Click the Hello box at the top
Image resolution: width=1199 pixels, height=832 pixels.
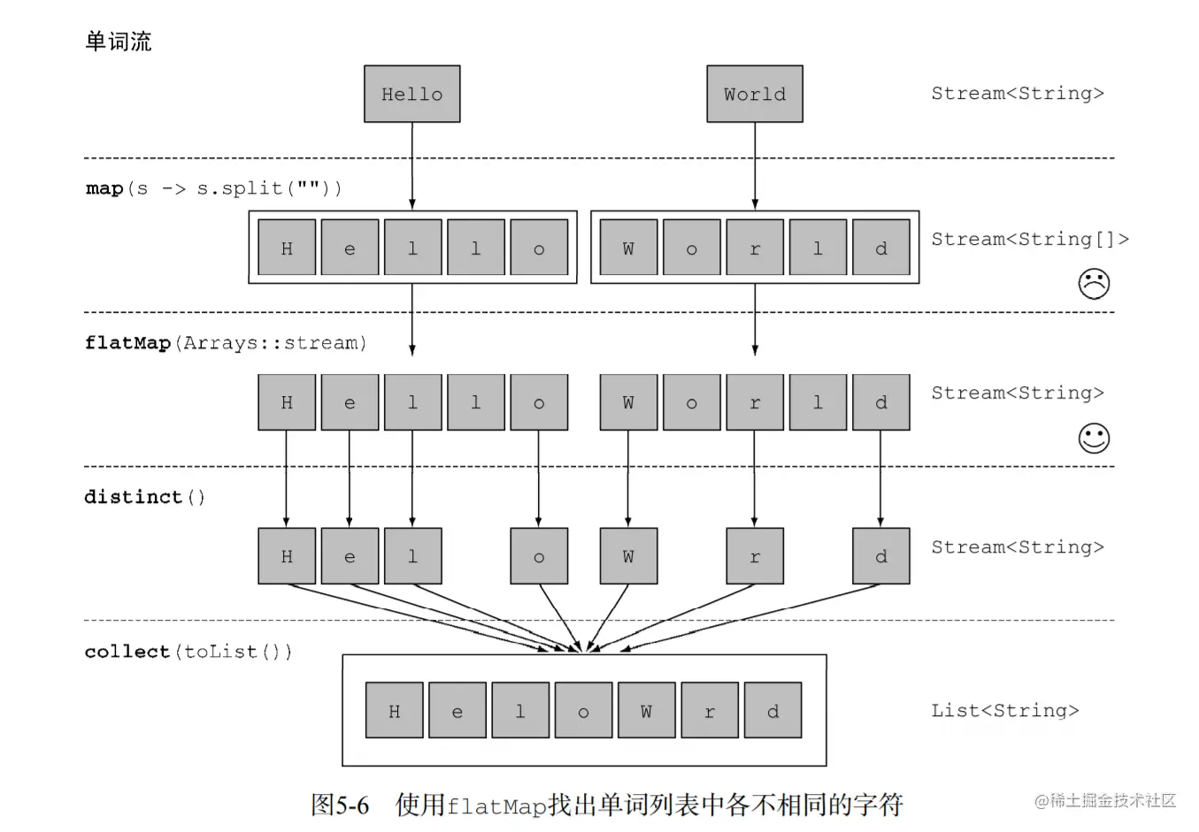(411, 94)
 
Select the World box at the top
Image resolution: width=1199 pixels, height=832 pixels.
(754, 94)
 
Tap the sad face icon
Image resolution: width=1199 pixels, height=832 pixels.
(1094, 284)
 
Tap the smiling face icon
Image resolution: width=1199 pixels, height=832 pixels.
(1094, 438)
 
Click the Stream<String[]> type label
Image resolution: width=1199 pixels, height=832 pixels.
(1029, 240)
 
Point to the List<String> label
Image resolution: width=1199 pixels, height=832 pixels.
(1004, 711)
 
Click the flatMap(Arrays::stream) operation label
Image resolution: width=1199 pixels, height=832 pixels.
(225, 343)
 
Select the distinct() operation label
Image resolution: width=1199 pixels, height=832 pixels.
(144, 497)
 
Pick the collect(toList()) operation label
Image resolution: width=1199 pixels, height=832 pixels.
(188, 652)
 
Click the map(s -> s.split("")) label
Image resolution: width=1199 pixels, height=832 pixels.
(213, 188)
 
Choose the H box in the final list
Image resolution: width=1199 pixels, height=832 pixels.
(394, 710)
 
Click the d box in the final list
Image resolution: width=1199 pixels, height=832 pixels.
(772, 710)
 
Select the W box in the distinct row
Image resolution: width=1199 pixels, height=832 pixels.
(628, 556)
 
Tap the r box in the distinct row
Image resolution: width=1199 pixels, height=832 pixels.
(754, 556)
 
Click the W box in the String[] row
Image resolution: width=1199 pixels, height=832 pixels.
(628, 248)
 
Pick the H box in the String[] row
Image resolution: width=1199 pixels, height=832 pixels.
(287, 248)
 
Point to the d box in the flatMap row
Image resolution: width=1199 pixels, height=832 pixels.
(880, 402)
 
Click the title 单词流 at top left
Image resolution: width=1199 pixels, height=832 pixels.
(118, 42)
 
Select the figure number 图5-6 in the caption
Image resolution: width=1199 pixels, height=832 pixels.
(340, 805)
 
